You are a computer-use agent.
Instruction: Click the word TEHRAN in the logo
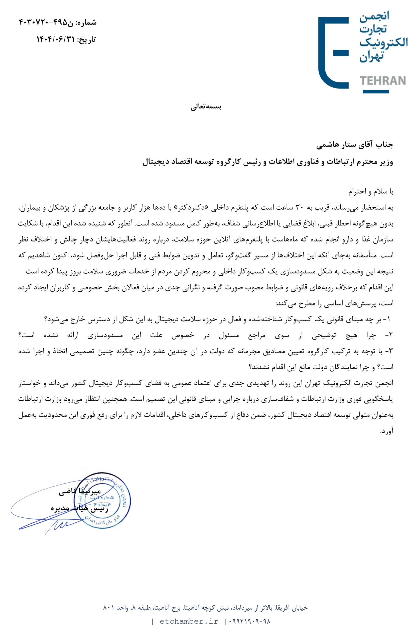point(383,81)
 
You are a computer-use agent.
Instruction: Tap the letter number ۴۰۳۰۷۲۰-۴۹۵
point(43,22)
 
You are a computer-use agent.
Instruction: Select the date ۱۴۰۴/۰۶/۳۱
point(55,39)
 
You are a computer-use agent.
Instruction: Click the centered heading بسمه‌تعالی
point(206,107)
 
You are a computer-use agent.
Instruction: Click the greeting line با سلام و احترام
point(371,191)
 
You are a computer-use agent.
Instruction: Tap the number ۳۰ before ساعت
point(300,208)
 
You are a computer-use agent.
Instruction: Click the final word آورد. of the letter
point(386,431)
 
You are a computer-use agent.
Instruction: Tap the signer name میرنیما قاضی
point(80,491)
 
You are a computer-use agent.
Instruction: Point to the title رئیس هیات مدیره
point(79,508)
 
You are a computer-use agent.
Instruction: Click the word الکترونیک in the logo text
point(383,42)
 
